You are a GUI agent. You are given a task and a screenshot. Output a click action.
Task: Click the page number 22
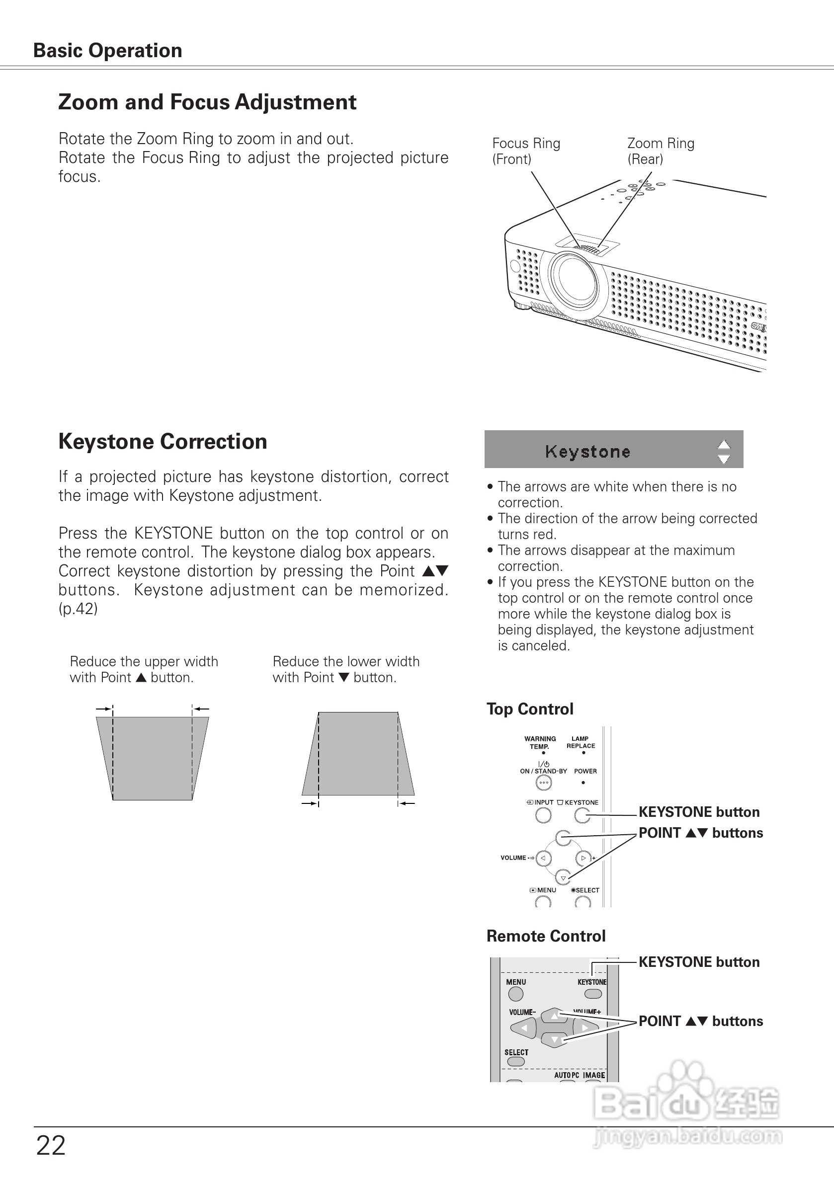[51, 1145]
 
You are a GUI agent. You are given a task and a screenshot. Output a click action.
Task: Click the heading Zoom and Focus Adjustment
[207, 102]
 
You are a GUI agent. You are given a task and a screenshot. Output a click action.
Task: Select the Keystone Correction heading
[163, 442]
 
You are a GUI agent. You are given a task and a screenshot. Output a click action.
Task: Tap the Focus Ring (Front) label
[526, 151]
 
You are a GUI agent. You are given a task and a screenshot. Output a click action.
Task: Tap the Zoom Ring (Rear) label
[661, 151]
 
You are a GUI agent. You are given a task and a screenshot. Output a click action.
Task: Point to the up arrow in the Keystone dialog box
[724, 445]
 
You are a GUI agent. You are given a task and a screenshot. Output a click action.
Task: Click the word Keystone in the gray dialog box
[587, 452]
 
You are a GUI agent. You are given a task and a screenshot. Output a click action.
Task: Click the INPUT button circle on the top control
[543, 815]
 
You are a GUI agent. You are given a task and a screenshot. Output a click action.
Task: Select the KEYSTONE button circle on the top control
[583, 815]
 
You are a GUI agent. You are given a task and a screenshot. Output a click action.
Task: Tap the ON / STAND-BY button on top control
[543, 783]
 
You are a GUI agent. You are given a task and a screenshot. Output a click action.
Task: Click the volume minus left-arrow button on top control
[543, 859]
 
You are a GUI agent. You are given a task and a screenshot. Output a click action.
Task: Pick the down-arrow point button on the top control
[564, 877]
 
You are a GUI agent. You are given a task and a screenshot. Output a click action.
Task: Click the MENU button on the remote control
[515, 994]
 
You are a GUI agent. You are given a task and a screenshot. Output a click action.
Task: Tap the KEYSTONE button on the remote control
[593, 994]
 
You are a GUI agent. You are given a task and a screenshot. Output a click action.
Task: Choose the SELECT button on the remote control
[515, 1061]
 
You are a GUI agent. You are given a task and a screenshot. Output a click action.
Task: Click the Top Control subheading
[530, 709]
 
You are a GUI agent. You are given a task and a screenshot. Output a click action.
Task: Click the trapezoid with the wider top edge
[153, 757]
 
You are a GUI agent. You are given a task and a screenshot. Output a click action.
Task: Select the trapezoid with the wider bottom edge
[358, 753]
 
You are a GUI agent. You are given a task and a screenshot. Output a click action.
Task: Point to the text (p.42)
[78, 609]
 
